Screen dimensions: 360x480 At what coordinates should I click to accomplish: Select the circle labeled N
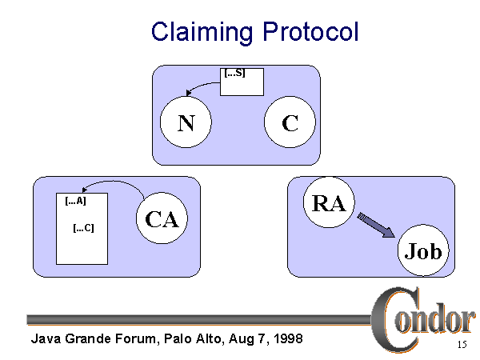185,123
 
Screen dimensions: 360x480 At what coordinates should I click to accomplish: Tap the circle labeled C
290,123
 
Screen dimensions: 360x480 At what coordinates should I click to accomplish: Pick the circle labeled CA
162,219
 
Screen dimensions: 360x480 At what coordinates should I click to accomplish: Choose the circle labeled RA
329,203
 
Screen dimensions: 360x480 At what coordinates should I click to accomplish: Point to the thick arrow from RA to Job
375,225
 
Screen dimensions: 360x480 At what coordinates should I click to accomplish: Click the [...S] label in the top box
234,74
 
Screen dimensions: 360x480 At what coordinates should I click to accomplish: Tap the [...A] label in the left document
75,202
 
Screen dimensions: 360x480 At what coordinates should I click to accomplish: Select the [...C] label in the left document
83,228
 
